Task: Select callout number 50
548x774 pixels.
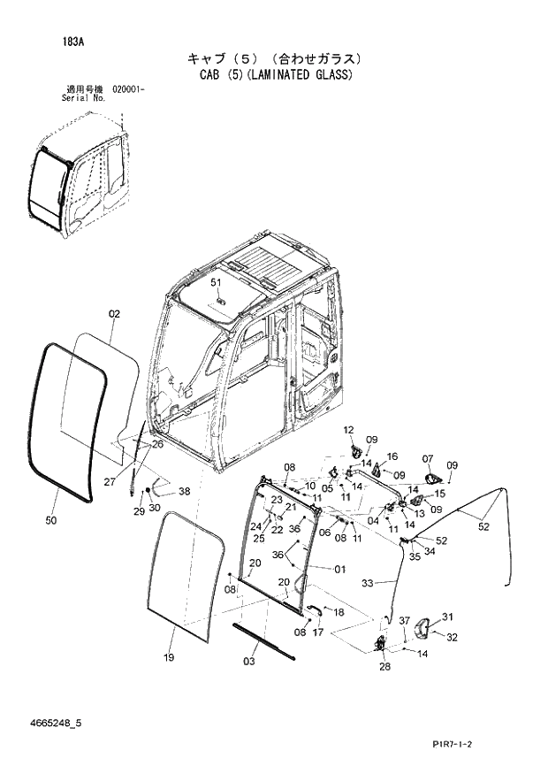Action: (x=51, y=520)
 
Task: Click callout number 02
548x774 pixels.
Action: (x=114, y=314)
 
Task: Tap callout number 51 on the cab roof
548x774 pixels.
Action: (x=216, y=282)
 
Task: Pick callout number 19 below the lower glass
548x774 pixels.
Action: (x=170, y=657)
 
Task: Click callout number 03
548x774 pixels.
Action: (x=249, y=661)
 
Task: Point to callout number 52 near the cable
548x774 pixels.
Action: (x=483, y=527)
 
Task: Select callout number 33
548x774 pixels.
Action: (x=368, y=583)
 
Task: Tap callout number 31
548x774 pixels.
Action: (x=447, y=617)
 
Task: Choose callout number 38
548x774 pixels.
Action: (x=184, y=491)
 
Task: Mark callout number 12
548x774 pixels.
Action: (x=348, y=429)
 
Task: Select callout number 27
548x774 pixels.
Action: (x=110, y=482)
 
